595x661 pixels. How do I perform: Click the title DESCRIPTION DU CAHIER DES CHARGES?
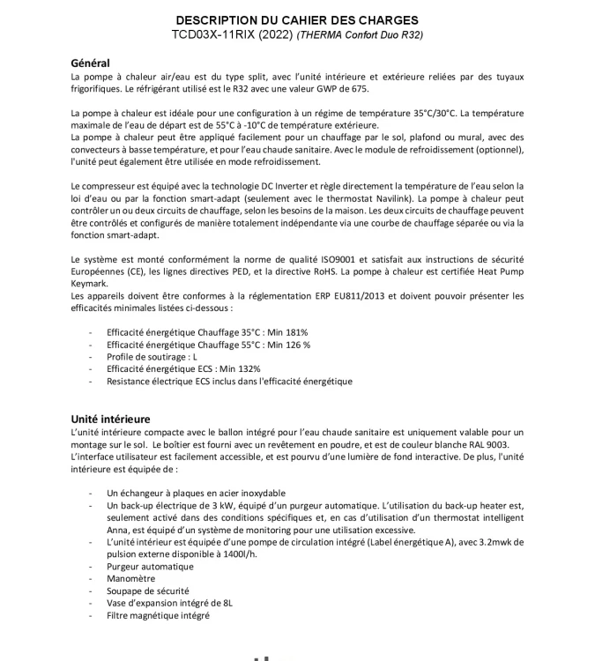[x=297, y=20]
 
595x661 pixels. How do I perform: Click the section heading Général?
[x=90, y=63]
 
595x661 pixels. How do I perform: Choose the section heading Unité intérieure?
[x=110, y=419]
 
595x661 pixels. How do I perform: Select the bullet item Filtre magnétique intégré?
[x=158, y=615]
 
